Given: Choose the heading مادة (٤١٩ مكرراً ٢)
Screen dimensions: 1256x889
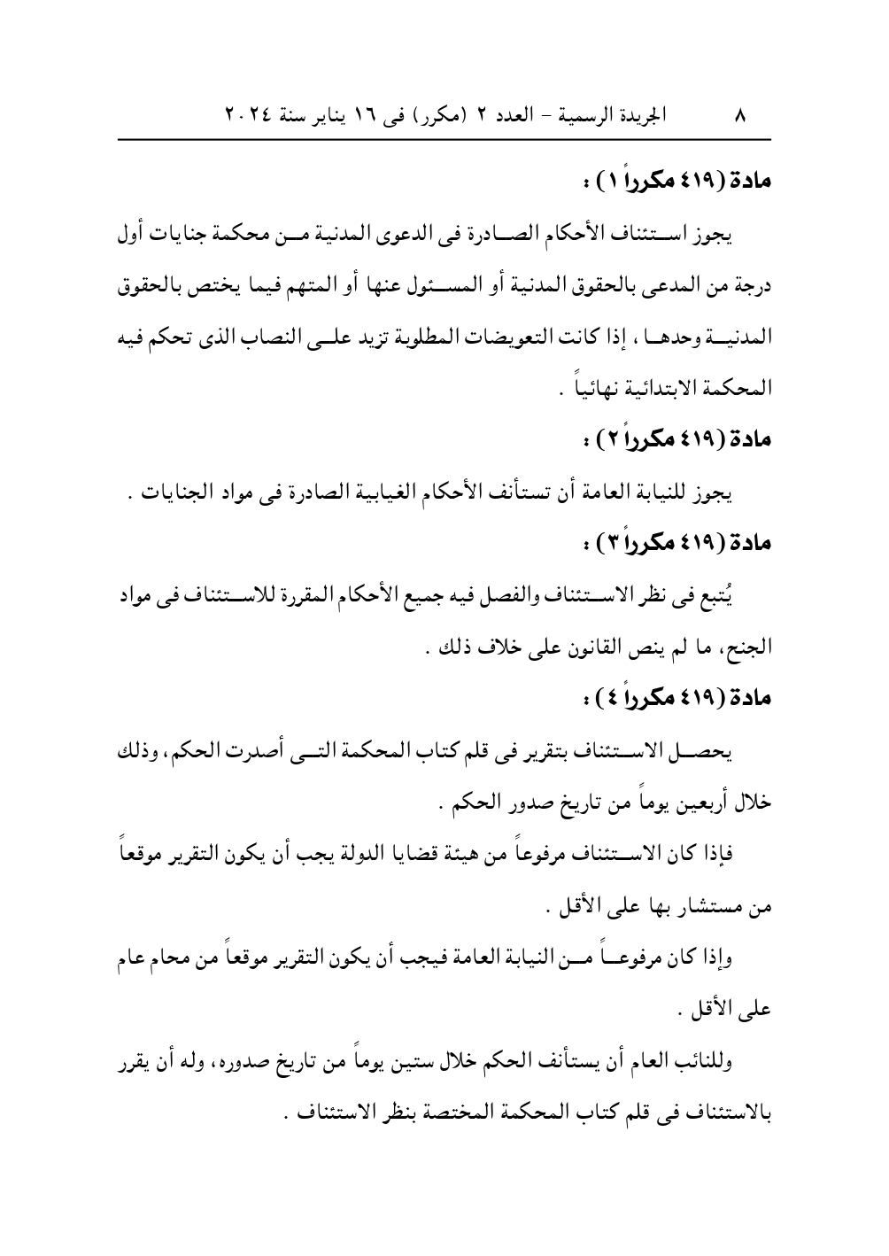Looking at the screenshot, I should click(681, 440).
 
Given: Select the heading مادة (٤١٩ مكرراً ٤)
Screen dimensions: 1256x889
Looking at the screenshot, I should click(681, 694).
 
